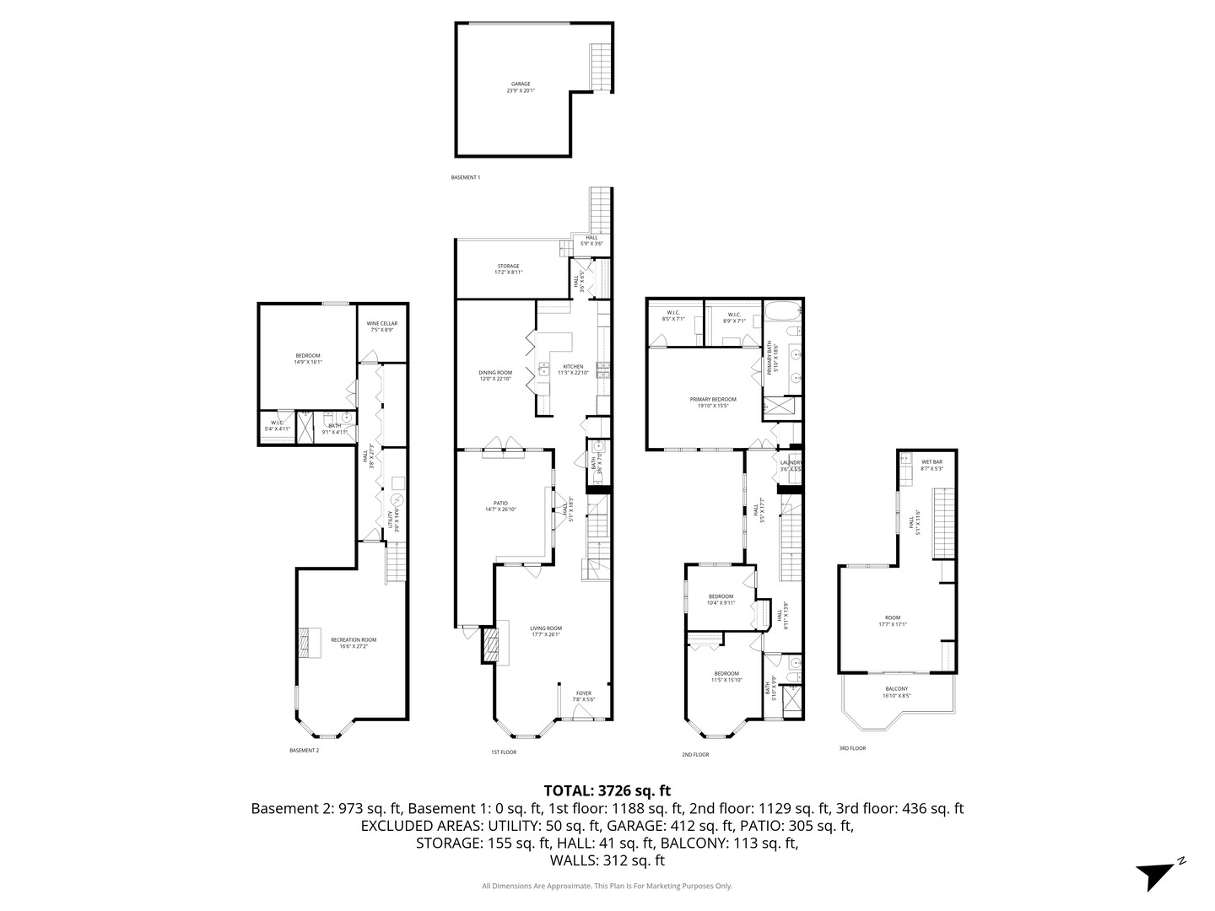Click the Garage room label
pos(521,87)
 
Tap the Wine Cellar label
pos(381,326)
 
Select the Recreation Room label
pos(354,643)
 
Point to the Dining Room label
pos(495,375)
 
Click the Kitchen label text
pos(573,369)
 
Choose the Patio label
pos(501,506)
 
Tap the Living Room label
pos(545,631)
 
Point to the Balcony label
pos(896,692)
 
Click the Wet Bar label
pos(931,465)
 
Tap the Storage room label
pos(508,269)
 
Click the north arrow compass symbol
pos(1154,874)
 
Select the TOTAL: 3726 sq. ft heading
pos(607,790)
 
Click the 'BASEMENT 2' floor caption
pos(304,750)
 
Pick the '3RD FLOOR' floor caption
pos(851,748)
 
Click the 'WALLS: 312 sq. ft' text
pos(607,860)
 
